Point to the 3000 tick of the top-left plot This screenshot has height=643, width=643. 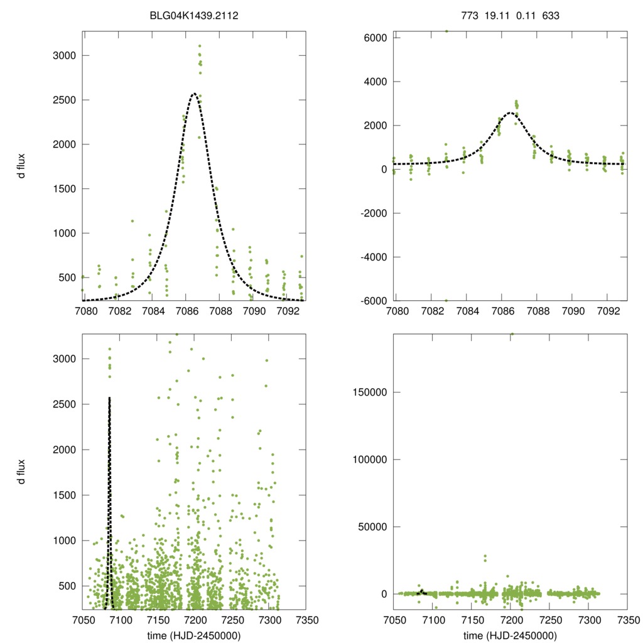[x=63, y=56]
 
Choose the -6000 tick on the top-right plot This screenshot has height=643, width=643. [x=372, y=301]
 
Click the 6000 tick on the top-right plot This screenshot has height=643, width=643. [x=375, y=38]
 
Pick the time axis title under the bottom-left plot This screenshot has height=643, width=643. [x=193, y=635]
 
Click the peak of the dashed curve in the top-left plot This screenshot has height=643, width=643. [x=194, y=94]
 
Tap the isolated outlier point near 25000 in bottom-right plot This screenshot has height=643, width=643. [x=485, y=557]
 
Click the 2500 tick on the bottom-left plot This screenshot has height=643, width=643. [x=63, y=404]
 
